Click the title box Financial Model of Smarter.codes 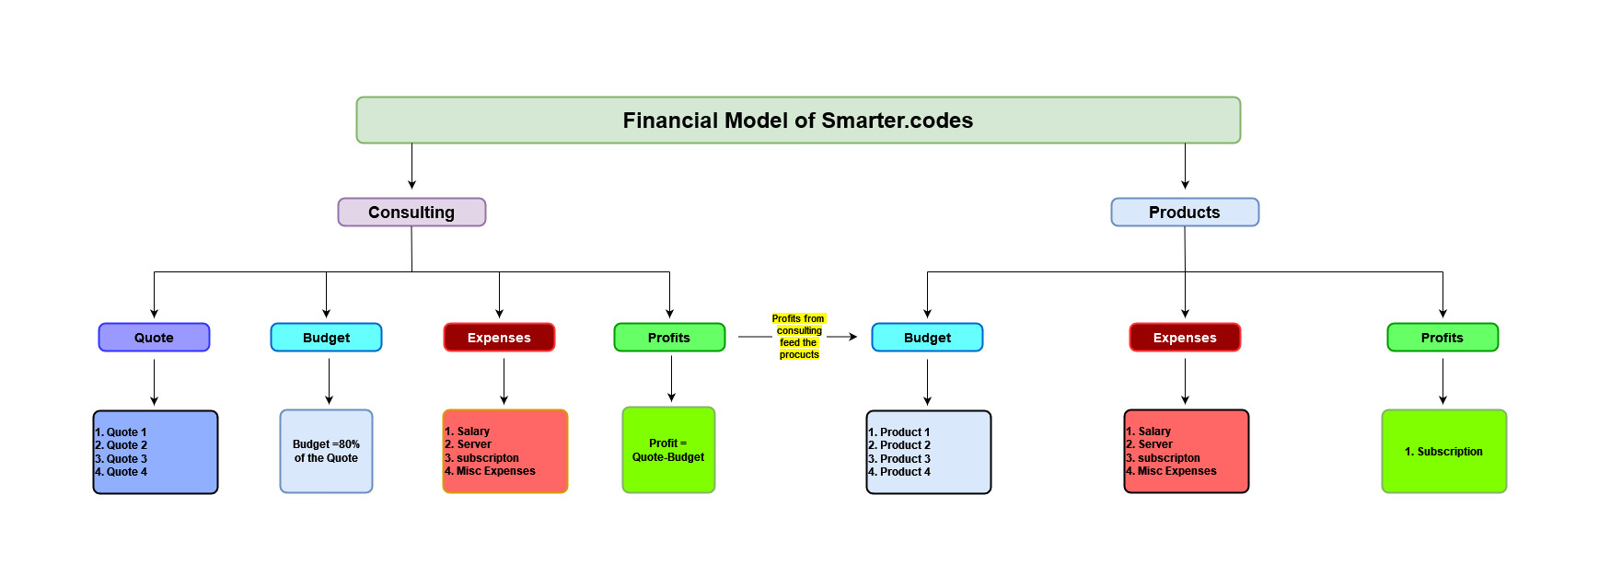pyautogui.click(x=798, y=121)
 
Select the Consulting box pyautogui.click(x=411, y=213)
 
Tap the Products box pyautogui.click(x=1185, y=213)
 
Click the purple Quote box pyautogui.click(x=154, y=338)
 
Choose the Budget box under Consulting pyautogui.click(x=326, y=338)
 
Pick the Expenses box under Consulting pyautogui.click(x=499, y=338)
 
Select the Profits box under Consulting pyautogui.click(x=669, y=338)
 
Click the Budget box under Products pyautogui.click(x=927, y=338)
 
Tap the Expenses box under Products pyautogui.click(x=1185, y=338)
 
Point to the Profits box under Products pyautogui.click(x=1443, y=338)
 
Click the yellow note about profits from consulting pyautogui.click(x=799, y=337)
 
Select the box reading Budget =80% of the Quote pyautogui.click(x=326, y=452)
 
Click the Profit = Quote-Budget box pyautogui.click(x=668, y=450)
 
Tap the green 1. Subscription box pyautogui.click(x=1444, y=452)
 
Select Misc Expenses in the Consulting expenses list pyautogui.click(x=496, y=471)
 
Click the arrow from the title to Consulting pyautogui.click(x=411, y=167)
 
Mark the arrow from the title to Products pyautogui.click(x=1185, y=167)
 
